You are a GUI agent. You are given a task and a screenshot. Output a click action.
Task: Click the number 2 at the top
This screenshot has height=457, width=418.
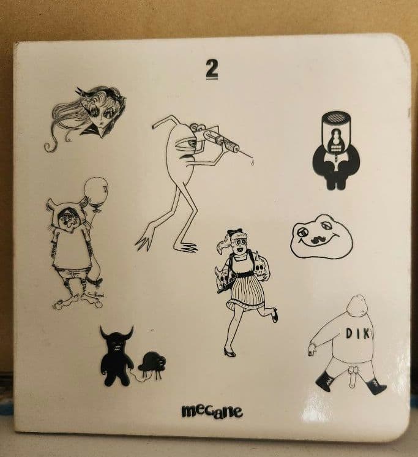pos(212,69)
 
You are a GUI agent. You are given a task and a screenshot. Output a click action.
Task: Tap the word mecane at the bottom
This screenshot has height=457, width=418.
pos(212,411)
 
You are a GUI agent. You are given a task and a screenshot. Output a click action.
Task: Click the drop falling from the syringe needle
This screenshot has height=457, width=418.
pos(252,162)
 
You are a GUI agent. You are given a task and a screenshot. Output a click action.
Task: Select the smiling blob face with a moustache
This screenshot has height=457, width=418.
pos(322,236)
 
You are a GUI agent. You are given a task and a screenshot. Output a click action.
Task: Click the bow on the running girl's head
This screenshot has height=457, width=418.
pos(234,232)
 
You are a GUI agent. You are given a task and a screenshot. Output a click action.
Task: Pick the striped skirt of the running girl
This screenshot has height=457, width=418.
pos(246,292)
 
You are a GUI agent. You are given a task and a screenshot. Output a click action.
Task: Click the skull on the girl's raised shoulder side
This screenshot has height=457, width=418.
pos(261,269)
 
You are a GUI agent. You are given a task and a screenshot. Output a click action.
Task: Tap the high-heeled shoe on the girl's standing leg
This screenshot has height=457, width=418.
pos(230,353)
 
